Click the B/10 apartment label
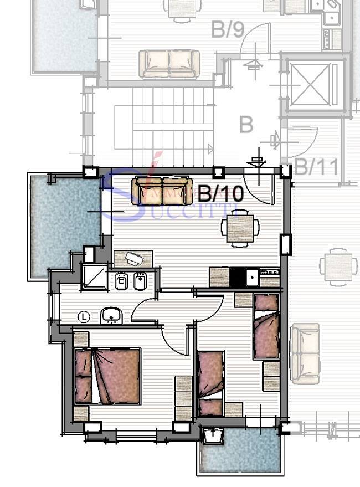coord(221,194)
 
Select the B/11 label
coord(317,166)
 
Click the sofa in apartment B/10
coord(162,190)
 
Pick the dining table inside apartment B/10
coord(240,228)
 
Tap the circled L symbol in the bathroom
coord(84,317)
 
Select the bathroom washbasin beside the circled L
coord(111,316)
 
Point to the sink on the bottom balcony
coord(213,437)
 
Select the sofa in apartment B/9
coord(169,64)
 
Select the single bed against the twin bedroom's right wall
coord(266,327)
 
